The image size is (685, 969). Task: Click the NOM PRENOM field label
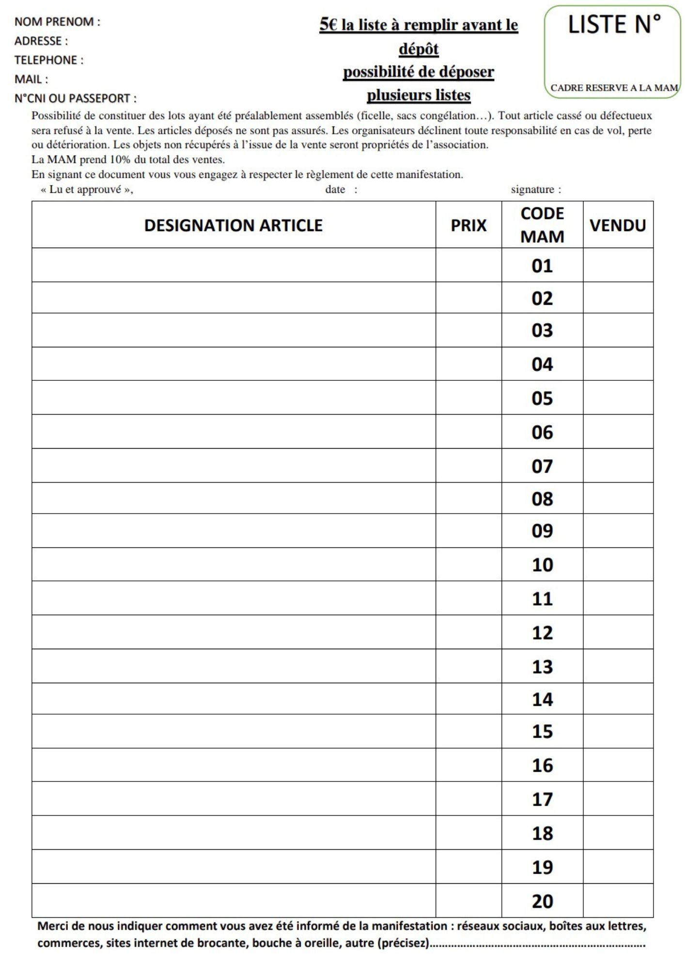pos(57,22)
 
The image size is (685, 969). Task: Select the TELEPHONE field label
pos(48,60)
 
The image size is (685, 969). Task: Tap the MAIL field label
pos(31,79)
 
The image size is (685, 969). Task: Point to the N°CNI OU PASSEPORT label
pos(75,98)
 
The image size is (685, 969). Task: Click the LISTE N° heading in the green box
pos(614,25)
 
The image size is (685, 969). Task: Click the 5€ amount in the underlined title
pos(328,25)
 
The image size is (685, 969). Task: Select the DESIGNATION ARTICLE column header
pos(233,225)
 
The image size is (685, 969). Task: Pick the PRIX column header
pos(468,225)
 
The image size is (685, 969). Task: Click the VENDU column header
pos(618,225)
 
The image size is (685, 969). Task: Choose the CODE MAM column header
pos(542,225)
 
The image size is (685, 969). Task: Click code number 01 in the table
pos(542,266)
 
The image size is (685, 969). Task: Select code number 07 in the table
pos(542,466)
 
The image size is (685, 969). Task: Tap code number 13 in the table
pos(542,667)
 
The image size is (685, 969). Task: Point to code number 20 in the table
pos(542,901)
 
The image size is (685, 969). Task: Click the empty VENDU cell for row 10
pos(618,565)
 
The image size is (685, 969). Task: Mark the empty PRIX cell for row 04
pos(468,364)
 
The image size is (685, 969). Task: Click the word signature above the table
pos(532,189)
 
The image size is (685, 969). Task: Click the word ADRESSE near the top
pos(38,41)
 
